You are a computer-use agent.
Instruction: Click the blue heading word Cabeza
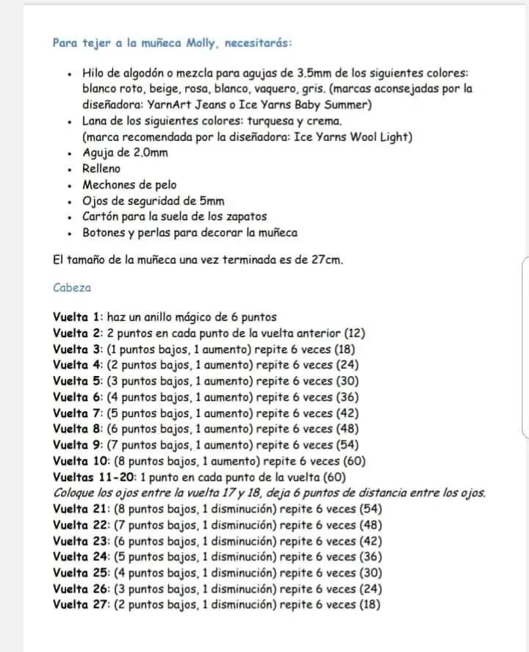coord(72,288)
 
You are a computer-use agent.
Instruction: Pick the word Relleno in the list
coord(101,169)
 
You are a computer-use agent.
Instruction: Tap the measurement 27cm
coord(323,260)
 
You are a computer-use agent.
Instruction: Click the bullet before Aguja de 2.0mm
coord(68,153)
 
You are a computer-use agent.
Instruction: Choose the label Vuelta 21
coord(81,509)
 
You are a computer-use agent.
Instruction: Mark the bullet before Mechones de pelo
coord(68,186)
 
